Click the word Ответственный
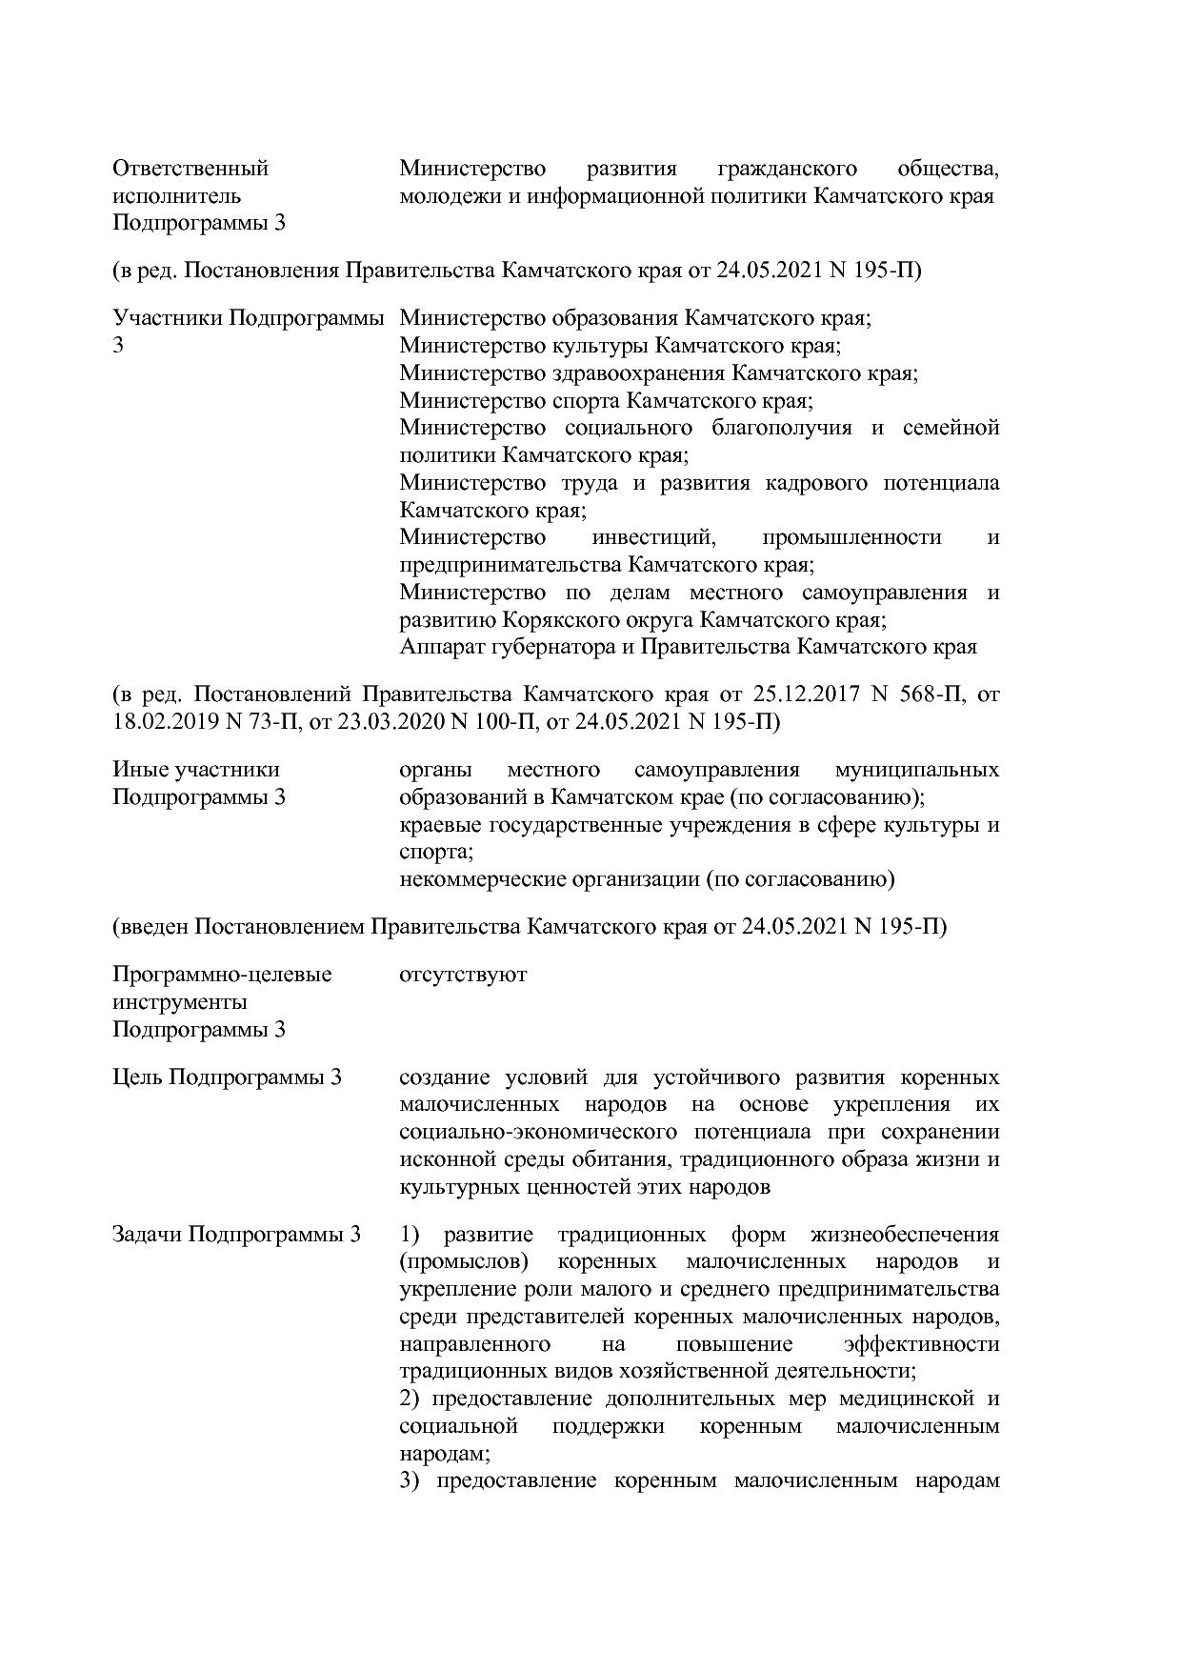click(x=190, y=170)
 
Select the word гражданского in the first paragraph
click(x=787, y=170)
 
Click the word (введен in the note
click(x=150, y=927)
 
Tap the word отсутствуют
click(x=463, y=976)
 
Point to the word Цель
click(x=137, y=1078)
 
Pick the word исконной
click(x=443, y=1160)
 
